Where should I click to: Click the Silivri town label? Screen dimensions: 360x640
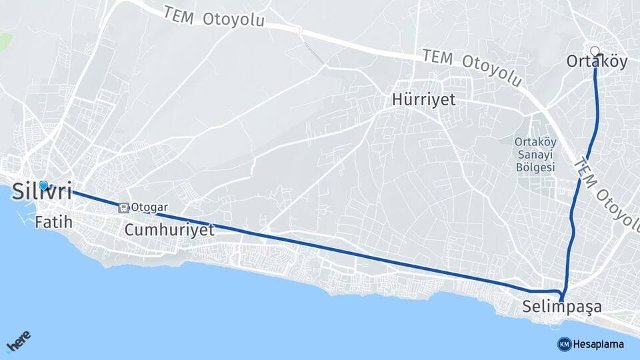coord(41,192)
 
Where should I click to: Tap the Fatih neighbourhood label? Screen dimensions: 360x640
coord(53,223)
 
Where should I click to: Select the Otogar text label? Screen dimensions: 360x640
coord(149,207)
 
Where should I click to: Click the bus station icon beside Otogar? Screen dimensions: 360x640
coord(123,207)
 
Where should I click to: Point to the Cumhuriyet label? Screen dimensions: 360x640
coord(169,231)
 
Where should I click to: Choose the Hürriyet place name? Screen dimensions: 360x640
coord(423,100)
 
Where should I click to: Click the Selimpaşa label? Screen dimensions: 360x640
coord(562,308)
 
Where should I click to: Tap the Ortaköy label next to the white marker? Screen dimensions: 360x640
coord(597,62)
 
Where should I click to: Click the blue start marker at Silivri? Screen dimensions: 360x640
coord(43,185)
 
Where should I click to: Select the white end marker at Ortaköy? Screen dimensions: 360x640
coord(595,50)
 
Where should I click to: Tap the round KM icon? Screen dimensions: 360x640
coord(564,344)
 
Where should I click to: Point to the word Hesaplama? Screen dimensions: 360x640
coord(599,344)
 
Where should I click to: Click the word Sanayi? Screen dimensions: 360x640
coord(535,155)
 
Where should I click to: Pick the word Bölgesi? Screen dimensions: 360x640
coord(535,167)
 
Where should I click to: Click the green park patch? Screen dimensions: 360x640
coord(4,41)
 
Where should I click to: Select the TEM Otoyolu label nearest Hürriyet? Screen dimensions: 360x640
coord(471,67)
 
